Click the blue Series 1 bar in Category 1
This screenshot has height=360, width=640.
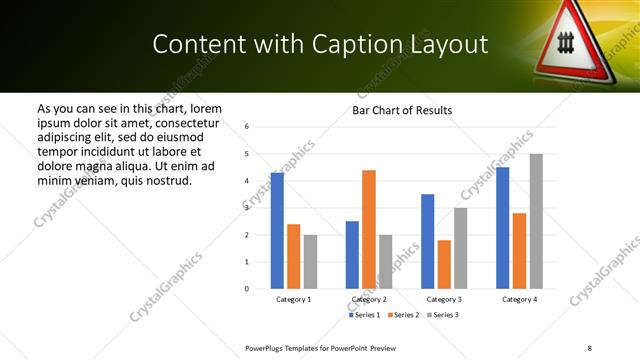277,231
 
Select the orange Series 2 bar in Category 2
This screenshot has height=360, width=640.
369,229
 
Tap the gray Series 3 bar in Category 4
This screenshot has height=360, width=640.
536,221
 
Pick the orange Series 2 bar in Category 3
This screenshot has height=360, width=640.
444,264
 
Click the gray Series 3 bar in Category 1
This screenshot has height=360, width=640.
310,262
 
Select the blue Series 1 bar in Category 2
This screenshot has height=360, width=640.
352,255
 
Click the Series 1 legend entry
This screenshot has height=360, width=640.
365,315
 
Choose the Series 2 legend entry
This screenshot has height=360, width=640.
402,315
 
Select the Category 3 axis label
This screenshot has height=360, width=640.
444,299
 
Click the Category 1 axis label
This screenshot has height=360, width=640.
294,299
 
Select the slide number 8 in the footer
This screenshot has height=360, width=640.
589,347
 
